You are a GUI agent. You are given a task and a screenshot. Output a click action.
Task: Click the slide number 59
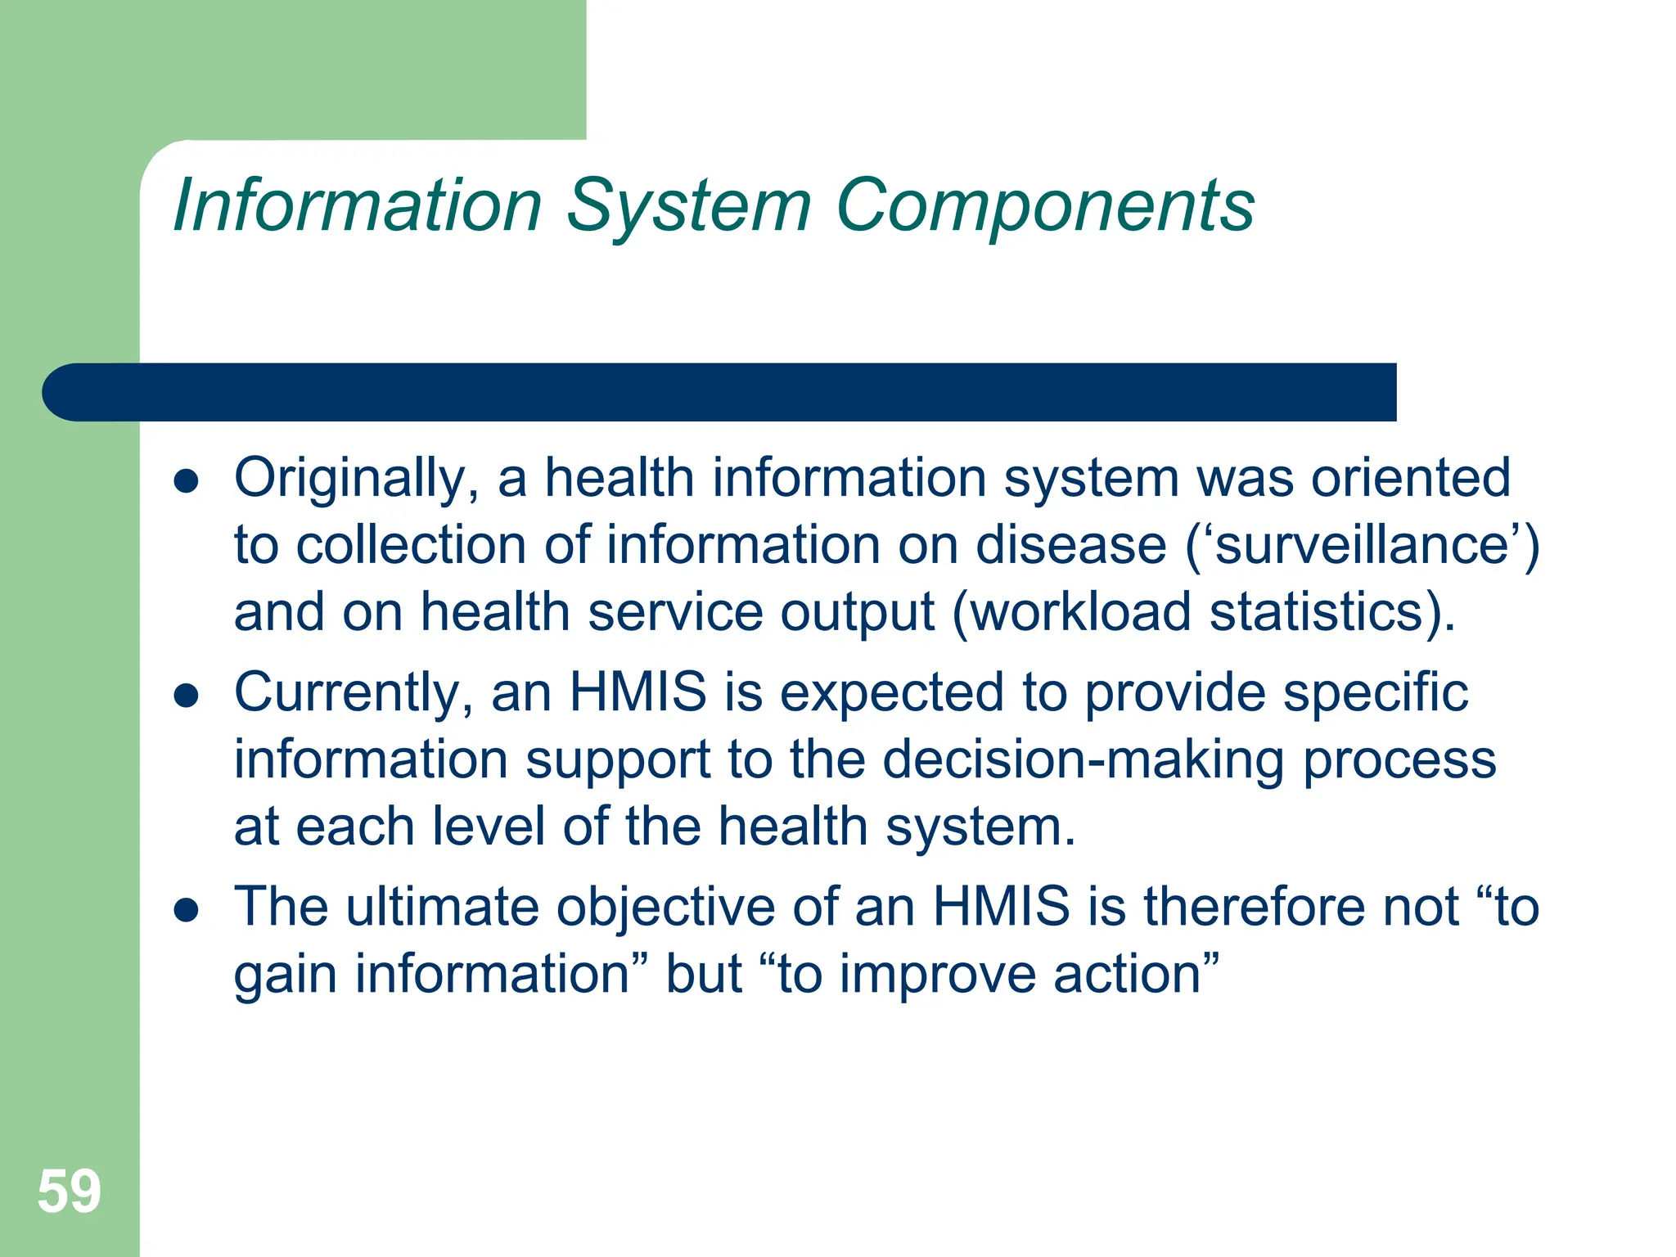tap(69, 1192)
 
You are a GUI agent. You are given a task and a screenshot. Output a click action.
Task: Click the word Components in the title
tap(1045, 206)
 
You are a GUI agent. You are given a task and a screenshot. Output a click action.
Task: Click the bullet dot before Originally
tap(187, 481)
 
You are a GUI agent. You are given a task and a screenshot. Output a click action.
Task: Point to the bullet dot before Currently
tap(187, 696)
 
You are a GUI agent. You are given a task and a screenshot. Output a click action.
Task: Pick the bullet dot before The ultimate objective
tap(187, 910)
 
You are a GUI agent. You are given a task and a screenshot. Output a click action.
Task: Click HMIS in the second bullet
tap(638, 692)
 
